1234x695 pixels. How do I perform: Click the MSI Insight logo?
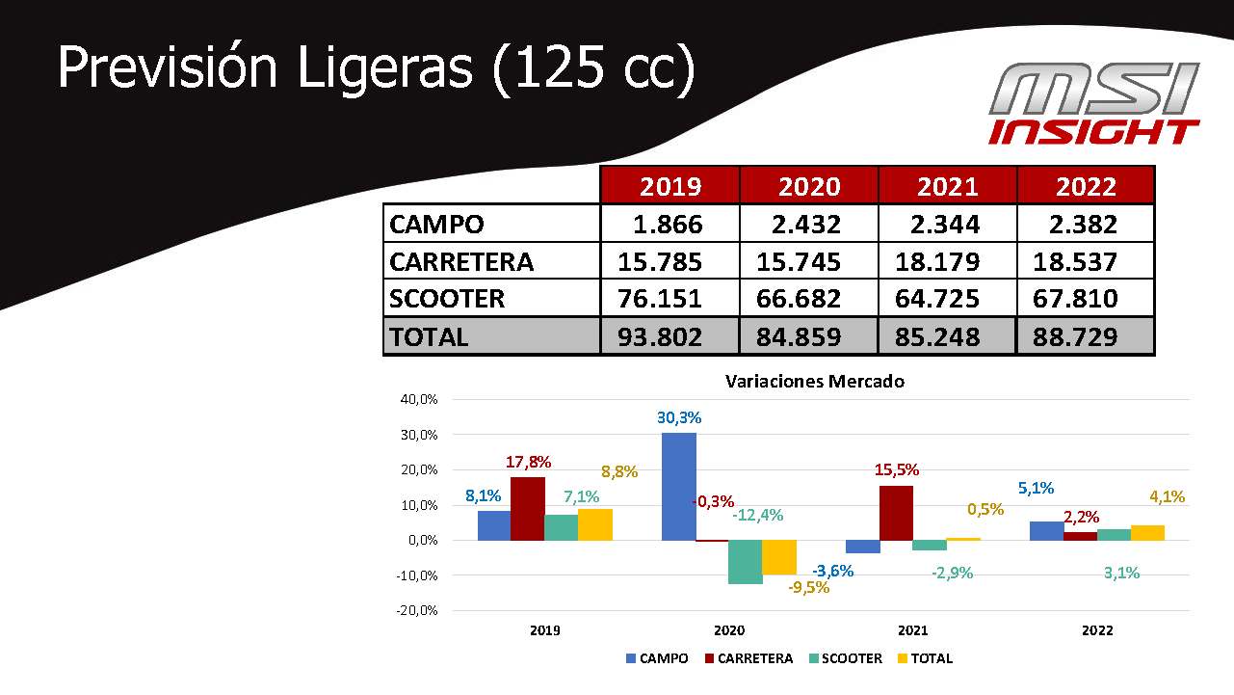click(x=1094, y=104)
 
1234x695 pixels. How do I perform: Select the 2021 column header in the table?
click(x=947, y=185)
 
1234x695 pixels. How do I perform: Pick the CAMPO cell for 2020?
click(x=807, y=225)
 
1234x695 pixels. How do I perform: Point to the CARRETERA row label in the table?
click(x=460, y=261)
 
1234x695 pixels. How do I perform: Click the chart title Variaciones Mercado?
click(x=814, y=381)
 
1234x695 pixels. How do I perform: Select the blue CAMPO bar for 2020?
click(x=678, y=486)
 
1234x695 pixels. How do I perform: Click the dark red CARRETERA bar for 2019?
click(x=527, y=508)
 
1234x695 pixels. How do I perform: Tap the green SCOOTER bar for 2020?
click(x=745, y=562)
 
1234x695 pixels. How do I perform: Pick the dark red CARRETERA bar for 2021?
click(x=896, y=513)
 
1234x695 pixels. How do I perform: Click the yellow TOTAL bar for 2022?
click(x=1147, y=532)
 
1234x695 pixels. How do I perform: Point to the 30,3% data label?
click(x=679, y=418)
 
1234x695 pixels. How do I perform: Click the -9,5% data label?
click(x=808, y=587)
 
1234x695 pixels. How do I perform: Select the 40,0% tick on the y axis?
click(x=419, y=399)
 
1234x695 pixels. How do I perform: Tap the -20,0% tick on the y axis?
click(x=417, y=610)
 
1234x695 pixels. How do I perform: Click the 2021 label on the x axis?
click(x=912, y=630)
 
